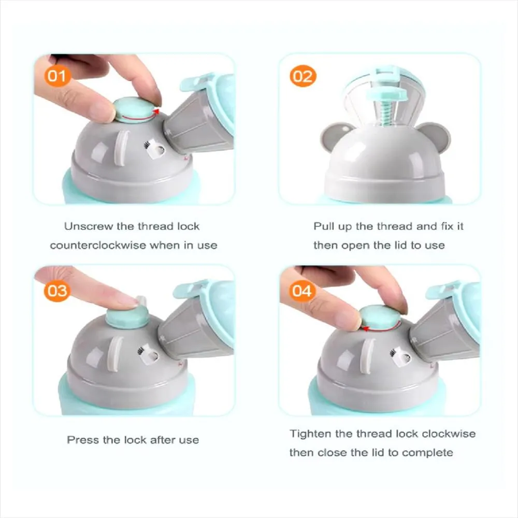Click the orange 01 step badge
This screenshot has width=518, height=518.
[x=57, y=76]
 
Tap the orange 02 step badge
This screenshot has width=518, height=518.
[x=303, y=76]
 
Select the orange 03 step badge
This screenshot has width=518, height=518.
[x=57, y=291]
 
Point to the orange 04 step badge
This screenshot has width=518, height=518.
[x=301, y=291]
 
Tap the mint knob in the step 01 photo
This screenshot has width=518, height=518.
[x=135, y=110]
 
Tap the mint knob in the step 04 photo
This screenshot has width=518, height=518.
[x=380, y=318]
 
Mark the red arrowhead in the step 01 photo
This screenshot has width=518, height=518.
[x=156, y=112]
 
